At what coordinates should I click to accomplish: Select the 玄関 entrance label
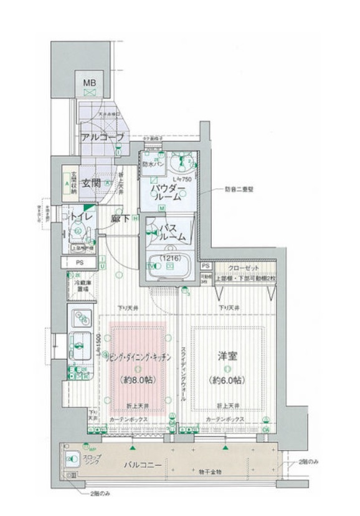point(92,183)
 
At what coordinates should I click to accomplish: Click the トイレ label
point(82,216)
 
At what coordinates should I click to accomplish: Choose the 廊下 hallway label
point(121,219)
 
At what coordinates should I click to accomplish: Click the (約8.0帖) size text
point(138,379)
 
